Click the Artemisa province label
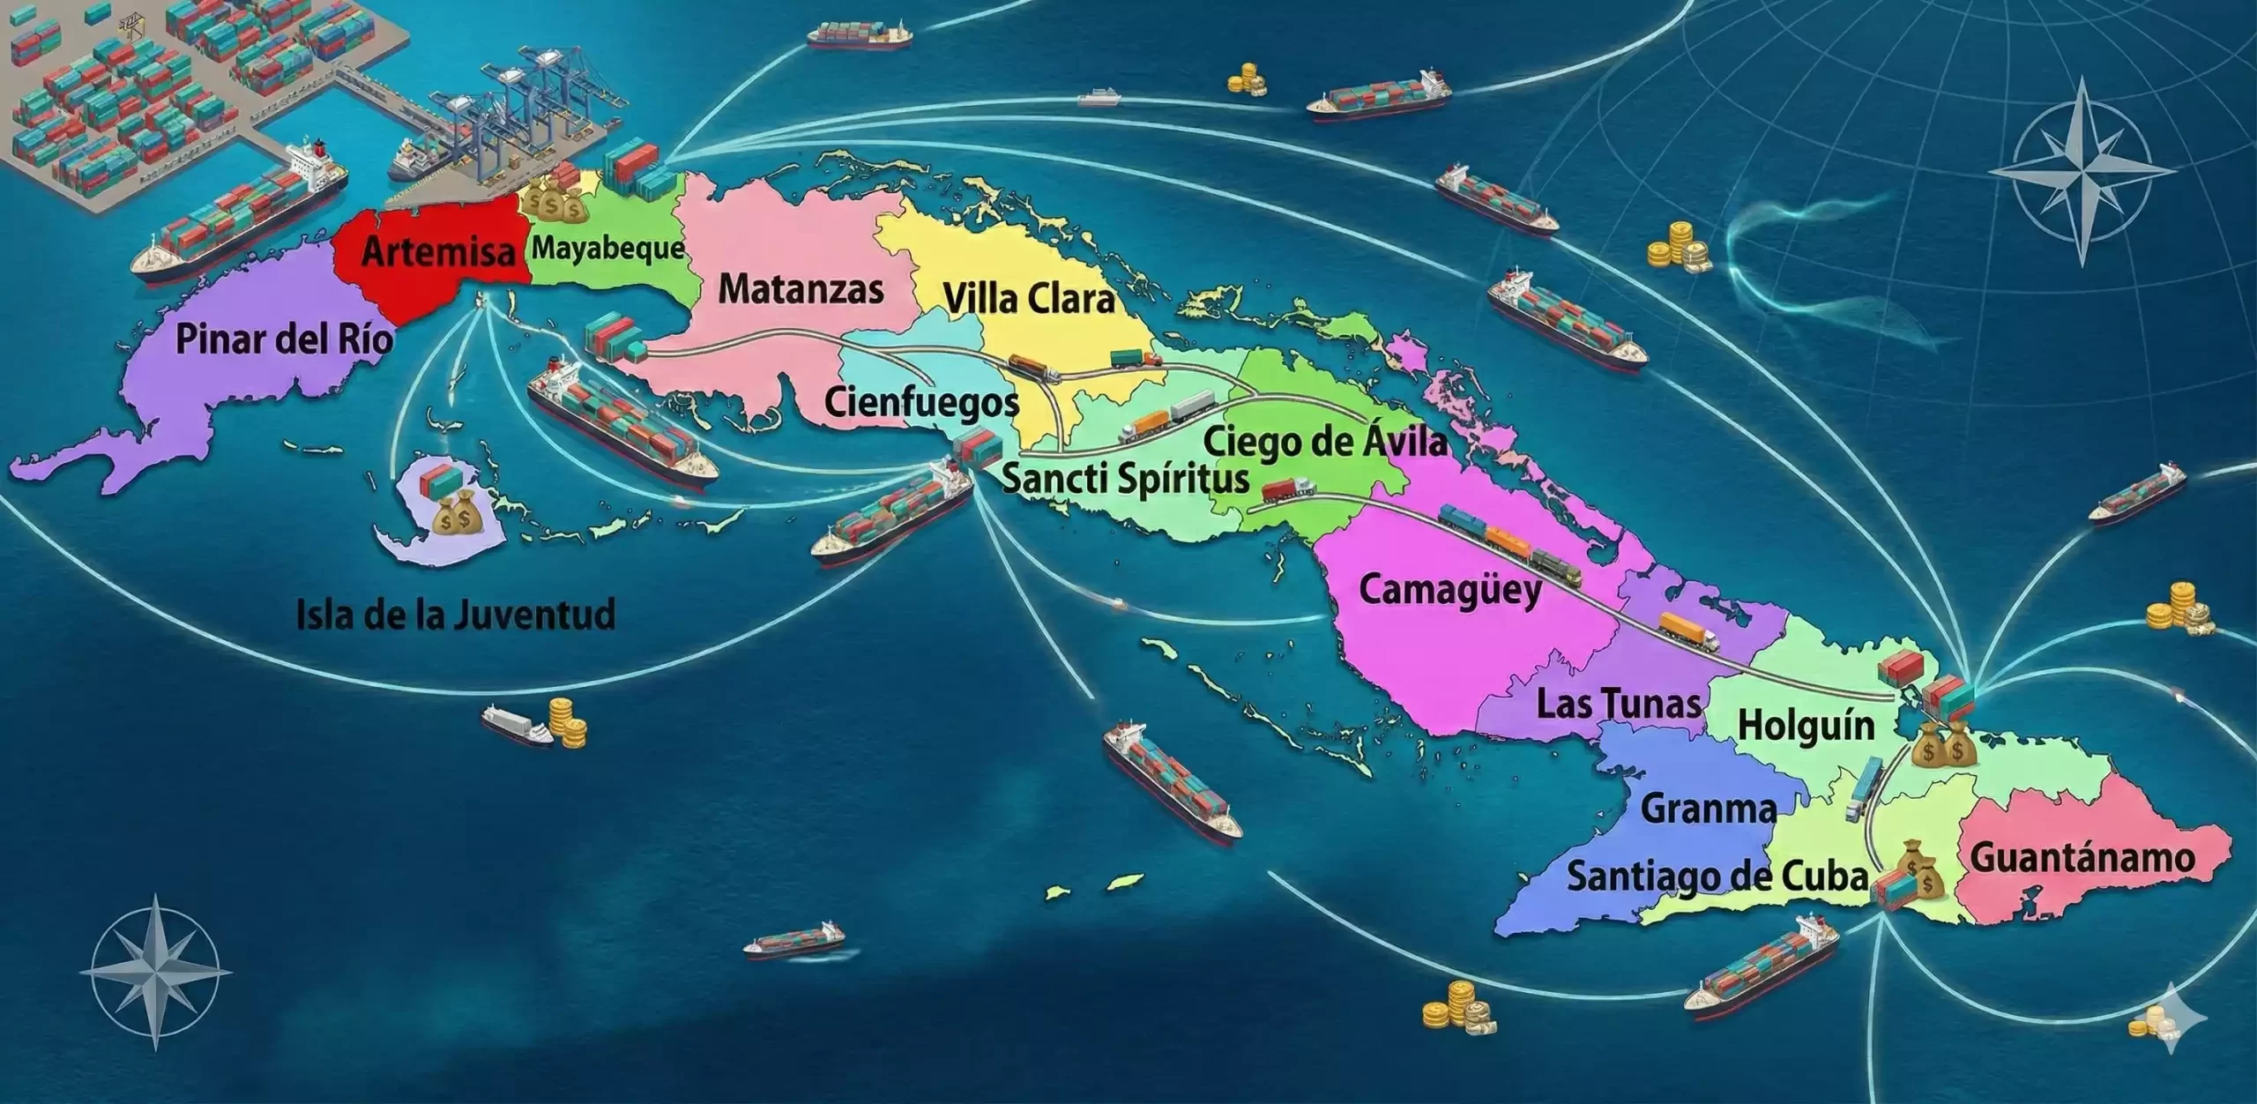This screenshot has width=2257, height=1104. [x=438, y=252]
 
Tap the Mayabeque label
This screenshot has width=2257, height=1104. [x=607, y=248]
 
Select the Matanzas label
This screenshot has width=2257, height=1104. [x=801, y=289]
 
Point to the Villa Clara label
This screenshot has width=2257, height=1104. [x=1029, y=299]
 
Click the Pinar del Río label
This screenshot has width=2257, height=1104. [x=284, y=339]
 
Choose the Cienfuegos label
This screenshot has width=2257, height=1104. [x=921, y=403]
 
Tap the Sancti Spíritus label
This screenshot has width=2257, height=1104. [x=1126, y=479]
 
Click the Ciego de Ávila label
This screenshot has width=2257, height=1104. [x=1325, y=441]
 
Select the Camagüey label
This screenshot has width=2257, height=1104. [x=1450, y=589]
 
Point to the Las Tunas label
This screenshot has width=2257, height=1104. [x=1619, y=704]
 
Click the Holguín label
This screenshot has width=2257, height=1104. [x=1806, y=727]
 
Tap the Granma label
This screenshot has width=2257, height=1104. [x=1709, y=809]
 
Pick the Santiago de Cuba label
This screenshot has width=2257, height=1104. [x=1717, y=876]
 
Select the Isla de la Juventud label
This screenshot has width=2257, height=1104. [x=455, y=614]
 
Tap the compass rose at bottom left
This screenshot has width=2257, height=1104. [x=156, y=972]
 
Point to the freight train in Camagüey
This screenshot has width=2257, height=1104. [x=1509, y=544]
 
